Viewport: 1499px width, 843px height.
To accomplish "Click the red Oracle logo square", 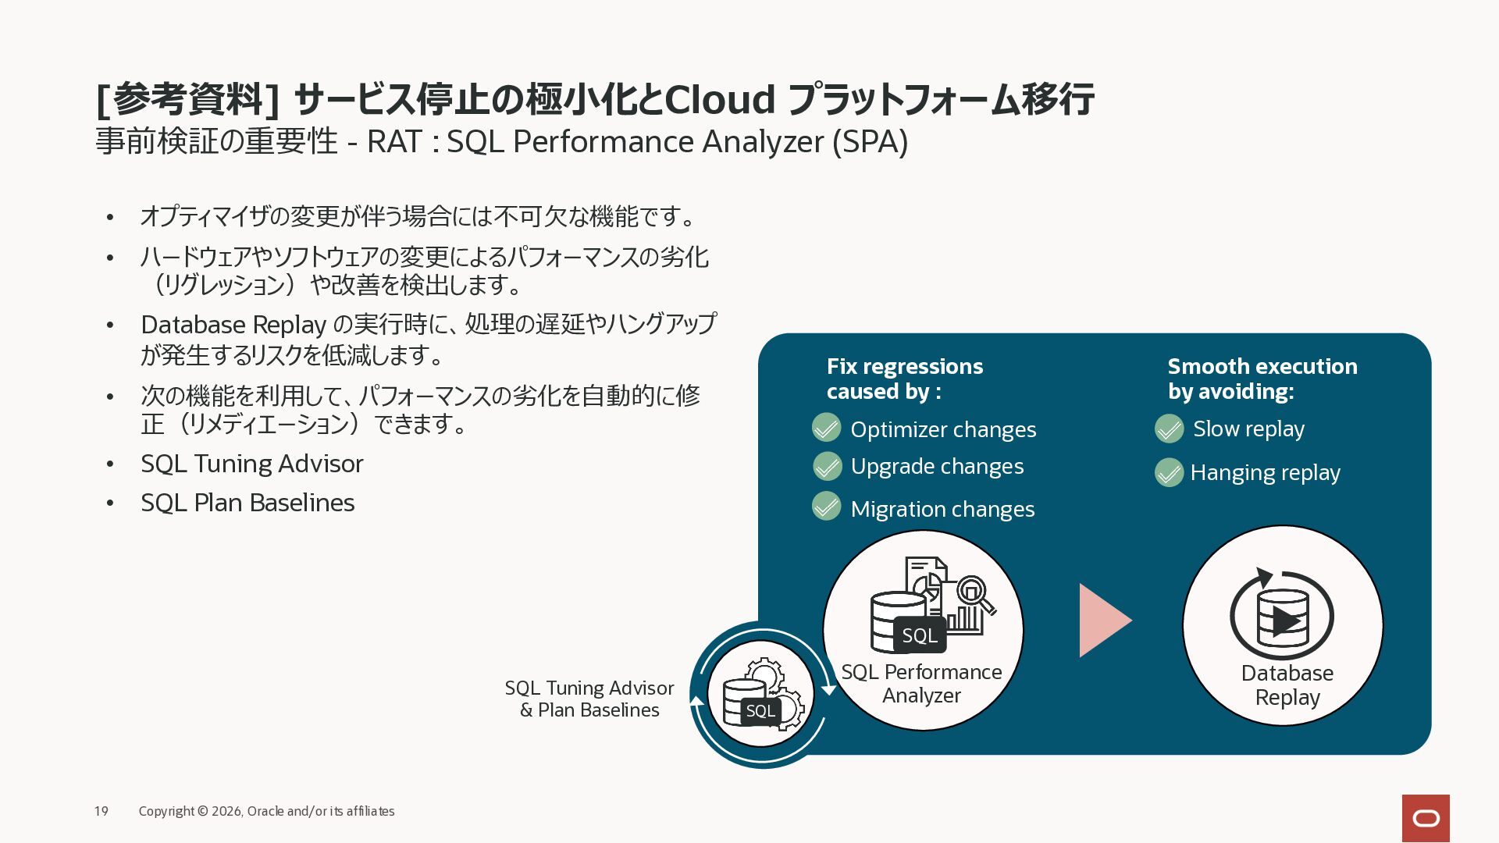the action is click(1426, 818).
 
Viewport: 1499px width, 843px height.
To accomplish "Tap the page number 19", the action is click(101, 811).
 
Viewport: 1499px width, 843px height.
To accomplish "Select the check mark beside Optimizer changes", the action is click(826, 429).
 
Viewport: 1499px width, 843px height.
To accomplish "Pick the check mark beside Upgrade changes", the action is click(827, 466).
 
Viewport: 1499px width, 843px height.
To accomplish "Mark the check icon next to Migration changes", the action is click(826, 507).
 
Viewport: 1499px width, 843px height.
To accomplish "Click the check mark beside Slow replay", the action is click(1169, 429).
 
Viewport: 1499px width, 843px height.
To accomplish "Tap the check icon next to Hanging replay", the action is click(1169, 472).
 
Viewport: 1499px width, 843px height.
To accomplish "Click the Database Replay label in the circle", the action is click(1287, 685).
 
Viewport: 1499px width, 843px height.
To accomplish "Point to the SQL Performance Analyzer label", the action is click(921, 683).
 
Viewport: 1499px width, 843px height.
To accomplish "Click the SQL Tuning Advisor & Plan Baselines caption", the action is click(589, 699).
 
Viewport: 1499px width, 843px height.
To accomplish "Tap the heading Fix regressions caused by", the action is click(905, 379).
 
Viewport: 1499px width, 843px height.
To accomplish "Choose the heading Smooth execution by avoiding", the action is click(1262, 379).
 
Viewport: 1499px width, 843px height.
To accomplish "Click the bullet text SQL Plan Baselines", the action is click(247, 503).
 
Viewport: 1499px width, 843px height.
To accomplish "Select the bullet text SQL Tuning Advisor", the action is click(252, 464).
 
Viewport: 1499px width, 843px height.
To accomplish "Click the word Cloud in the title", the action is click(720, 99).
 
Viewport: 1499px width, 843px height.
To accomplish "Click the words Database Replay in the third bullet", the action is click(233, 325).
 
